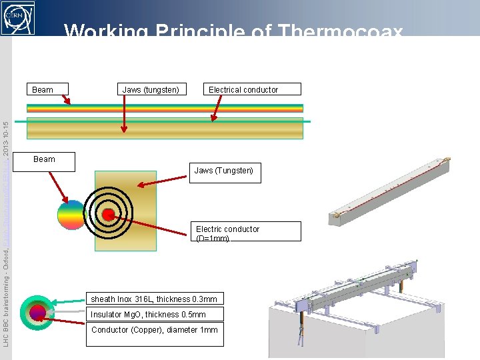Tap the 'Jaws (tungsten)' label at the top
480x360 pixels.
coord(151,89)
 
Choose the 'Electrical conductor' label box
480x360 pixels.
coord(243,89)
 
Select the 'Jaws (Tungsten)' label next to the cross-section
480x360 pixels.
coord(224,171)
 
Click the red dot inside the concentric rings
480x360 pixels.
coord(107,215)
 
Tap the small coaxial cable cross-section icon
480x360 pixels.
coord(37,312)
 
